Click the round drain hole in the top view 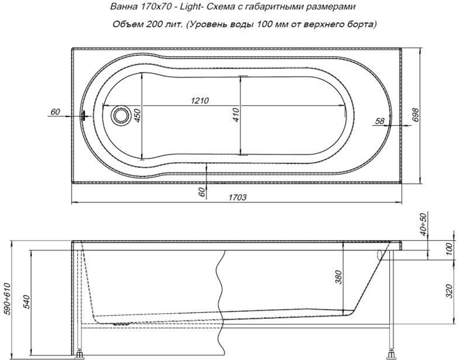[121, 115]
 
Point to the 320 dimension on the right [449, 289]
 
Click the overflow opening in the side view [380, 255]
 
